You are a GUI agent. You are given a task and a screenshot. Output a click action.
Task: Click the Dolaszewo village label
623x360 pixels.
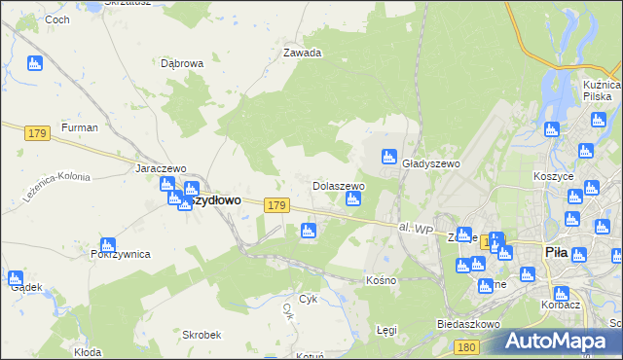[338, 185]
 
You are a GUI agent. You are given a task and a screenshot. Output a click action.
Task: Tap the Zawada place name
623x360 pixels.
[302, 54]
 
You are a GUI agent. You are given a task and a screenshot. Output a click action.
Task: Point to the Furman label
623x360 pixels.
[79, 127]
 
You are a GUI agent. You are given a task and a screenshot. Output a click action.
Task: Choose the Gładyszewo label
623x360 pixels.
[430, 164]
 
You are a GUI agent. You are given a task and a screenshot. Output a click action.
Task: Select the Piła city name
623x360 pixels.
[556, 252]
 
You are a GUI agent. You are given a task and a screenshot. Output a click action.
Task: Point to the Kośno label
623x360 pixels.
[381, 280]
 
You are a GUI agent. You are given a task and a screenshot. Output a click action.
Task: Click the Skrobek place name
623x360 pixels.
[202, 334]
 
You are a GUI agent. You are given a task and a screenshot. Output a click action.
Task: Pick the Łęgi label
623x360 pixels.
[387, 331]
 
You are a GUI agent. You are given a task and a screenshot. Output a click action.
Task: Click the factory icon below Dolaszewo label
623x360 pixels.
[354, 199]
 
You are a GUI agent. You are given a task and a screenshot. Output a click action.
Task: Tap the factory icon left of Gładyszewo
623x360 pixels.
[388, 156]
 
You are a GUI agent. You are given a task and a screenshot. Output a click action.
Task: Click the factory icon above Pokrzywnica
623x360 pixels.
[108, 244]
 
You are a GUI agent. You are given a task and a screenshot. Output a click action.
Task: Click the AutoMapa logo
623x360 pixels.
[558, 340]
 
